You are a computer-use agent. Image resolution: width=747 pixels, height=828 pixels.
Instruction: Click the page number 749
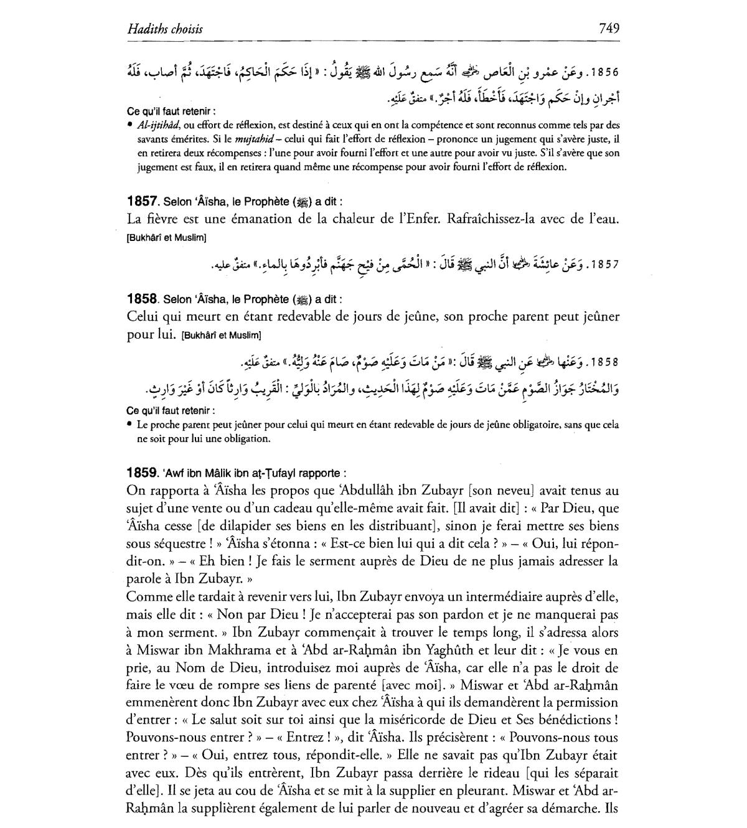point(608,28)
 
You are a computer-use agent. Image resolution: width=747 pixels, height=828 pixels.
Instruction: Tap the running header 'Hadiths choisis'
point(164,29)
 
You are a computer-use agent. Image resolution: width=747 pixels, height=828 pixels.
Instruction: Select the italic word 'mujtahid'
point(254,139)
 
